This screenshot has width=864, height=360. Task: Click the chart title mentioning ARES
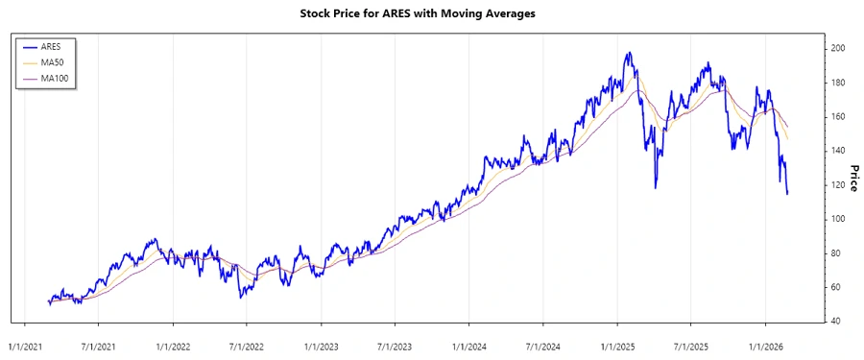[x=431, y=14]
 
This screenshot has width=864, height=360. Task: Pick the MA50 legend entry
[x=53, y=61]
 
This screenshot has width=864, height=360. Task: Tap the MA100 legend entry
[x=56, y=77]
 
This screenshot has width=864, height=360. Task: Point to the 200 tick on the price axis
[x=838, y=48]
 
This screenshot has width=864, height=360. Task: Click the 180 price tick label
[x=838, y=83]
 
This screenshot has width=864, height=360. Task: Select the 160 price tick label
[x=838, y=116]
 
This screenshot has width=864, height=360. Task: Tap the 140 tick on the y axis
[x=838, y=151]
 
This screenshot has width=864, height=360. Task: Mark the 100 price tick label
[x=838, y=219]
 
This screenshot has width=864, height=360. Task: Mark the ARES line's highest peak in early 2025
[x=629, y=53]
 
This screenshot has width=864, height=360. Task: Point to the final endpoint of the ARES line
[x=787, y=194]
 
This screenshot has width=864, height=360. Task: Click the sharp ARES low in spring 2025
[x=656, y=187]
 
